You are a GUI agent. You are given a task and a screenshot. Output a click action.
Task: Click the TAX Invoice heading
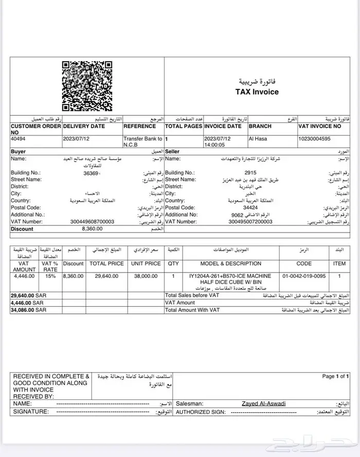coord(257,92)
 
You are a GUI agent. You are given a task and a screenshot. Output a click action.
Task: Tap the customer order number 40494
coord(19,139)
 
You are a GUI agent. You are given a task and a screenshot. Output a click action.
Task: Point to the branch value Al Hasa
coord(258,139)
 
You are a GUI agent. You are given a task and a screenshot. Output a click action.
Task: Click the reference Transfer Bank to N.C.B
coord(143,142)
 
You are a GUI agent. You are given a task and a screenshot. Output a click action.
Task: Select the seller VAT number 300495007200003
coord(250,221)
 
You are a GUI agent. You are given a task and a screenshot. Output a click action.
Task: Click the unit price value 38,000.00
coord(146,276)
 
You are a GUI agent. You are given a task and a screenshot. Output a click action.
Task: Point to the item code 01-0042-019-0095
coord(304,276)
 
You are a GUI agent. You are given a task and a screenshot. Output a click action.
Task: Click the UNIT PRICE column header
coord(146,263)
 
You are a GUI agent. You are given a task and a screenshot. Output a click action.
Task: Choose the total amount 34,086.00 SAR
coord(28,310)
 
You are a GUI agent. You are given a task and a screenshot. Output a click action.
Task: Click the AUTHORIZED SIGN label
coord(201,412)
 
